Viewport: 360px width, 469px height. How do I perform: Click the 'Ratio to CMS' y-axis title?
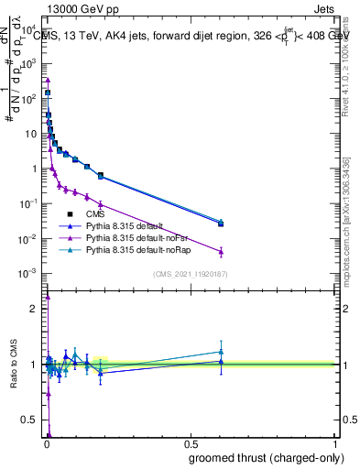15,365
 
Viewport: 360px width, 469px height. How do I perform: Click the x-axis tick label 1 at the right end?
335,445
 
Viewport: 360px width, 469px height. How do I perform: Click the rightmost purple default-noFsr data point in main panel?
221,252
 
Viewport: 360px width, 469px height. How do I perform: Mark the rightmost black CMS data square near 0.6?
221,224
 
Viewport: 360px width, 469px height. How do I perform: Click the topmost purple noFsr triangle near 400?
48,80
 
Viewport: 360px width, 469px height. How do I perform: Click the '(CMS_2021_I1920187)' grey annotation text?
190,274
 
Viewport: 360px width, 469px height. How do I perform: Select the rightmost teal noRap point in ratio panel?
221,351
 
